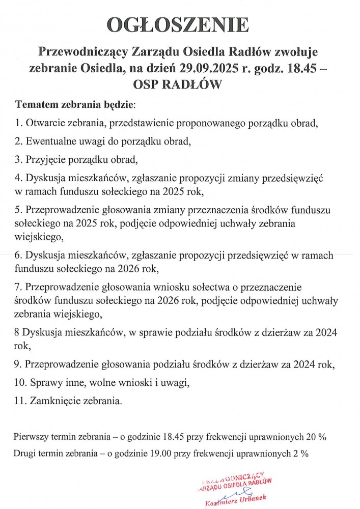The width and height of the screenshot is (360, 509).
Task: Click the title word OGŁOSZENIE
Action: coord(178,25)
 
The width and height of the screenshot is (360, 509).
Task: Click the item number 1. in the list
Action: coord(19,123)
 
